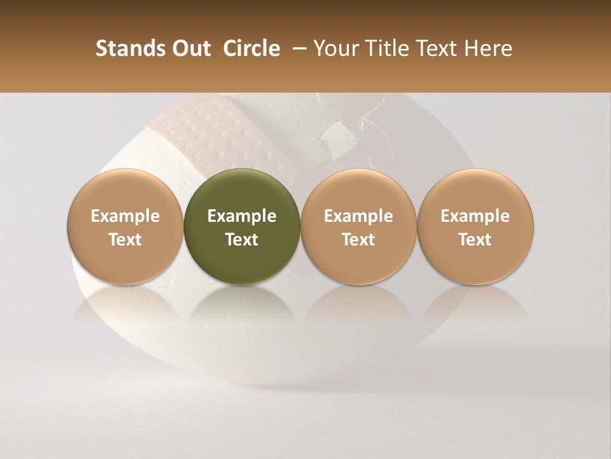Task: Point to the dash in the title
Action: (297, 48)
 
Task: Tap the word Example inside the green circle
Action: (242, 216)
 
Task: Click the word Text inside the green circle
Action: (242, 240)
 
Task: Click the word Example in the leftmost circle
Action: (125, 216)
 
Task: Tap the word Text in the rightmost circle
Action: (475, 240)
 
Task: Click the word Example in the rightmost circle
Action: (475, 216)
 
